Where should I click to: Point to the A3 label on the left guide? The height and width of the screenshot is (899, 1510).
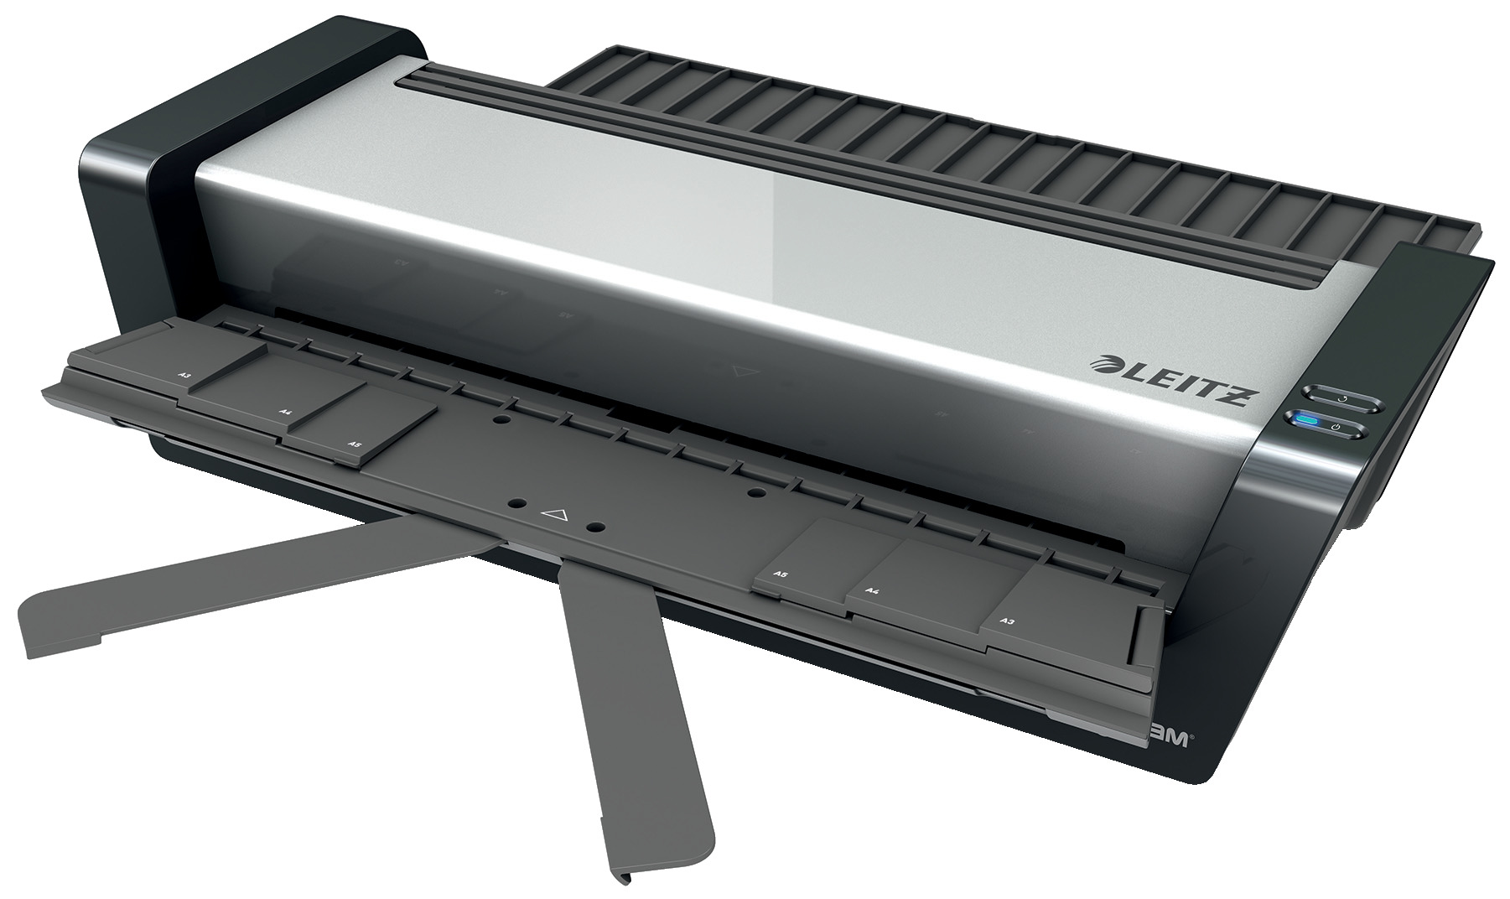pyautogui.click(x=183, y=376)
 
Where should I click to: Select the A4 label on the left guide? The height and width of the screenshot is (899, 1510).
pyautogui.click(x=284, y=411)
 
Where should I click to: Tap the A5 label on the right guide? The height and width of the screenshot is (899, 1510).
pyautogui.click(x=780, y=574)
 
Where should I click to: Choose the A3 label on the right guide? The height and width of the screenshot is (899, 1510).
pyautogui.click(x=1007, y=621)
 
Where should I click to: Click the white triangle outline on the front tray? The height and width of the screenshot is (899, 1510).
pyautogui.click(x=555, y=515)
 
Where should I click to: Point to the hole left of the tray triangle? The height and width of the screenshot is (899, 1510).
pyautogui.click(x=516, y=505)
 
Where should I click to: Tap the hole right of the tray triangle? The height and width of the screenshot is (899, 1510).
pyautogui.click(x=594, y=527)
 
